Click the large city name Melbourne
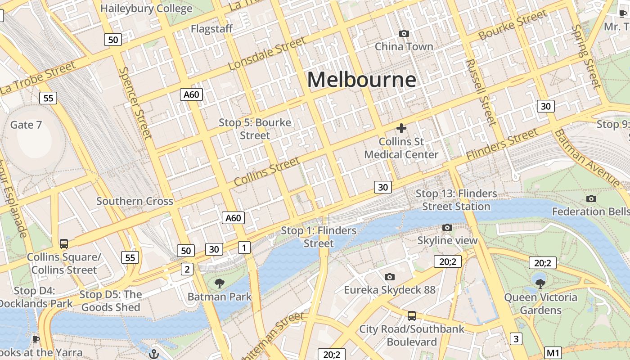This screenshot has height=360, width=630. tap(361, 80)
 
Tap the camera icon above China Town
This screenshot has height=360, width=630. tap(404, 33)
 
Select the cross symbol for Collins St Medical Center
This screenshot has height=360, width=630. tap(401, 128)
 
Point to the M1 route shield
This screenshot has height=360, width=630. tap(553, 353)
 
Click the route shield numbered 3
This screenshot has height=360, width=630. tap(516, 339)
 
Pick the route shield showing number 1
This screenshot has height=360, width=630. tap(244, 247)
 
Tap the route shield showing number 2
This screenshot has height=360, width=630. tap(187, 269)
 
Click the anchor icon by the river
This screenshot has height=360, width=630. tap(154, 354)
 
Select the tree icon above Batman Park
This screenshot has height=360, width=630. tap(220, 283)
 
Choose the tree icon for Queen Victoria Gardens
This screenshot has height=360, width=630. tap(540, 283)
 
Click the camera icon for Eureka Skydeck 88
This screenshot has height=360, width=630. tap(390, 277)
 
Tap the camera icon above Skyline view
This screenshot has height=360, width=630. tap(447, 228)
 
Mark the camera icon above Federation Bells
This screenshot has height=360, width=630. tap(591, 198)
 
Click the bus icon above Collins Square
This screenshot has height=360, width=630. tap(64, 244)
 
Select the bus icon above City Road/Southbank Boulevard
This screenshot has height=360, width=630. tap(411, 315)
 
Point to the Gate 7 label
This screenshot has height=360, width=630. tap(26, 125)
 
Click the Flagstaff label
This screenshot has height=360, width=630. tap(211, 29)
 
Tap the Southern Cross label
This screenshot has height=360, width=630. tap(135, 201)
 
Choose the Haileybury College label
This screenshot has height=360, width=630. tap(146, 9)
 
